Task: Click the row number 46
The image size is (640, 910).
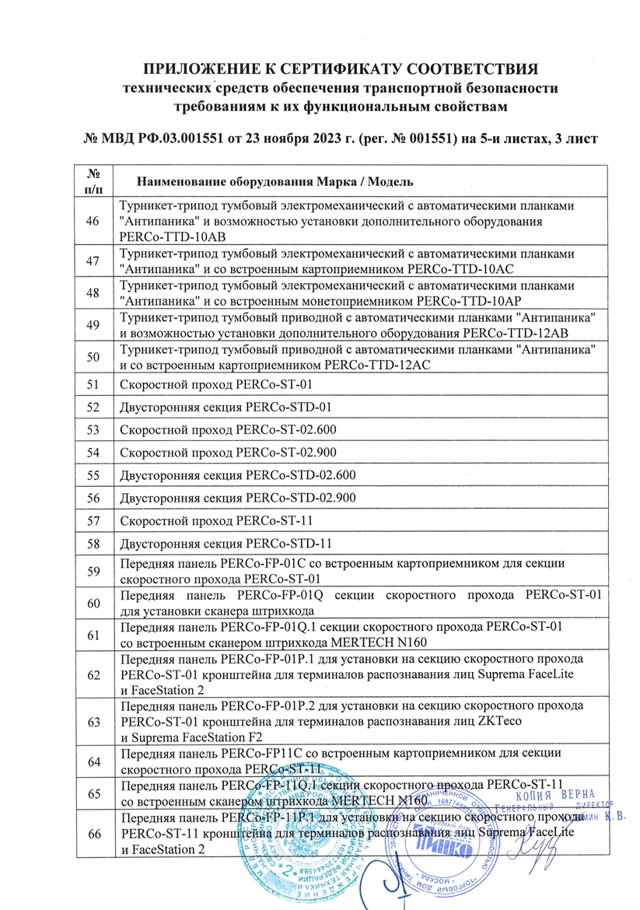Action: (94, 222)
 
